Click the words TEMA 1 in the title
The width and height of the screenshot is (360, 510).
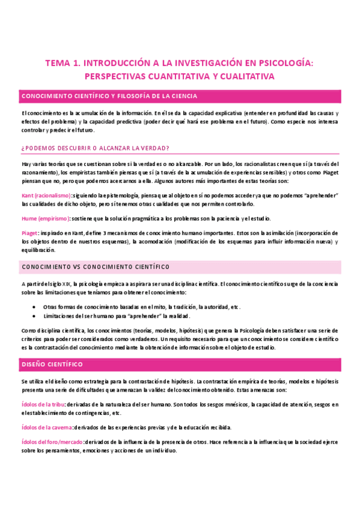[63, 62]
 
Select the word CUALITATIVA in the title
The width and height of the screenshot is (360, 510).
[245, 76]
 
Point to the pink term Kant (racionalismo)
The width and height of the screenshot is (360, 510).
[46, 196]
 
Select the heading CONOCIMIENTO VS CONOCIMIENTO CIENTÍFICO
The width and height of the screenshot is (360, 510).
[95, 266]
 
